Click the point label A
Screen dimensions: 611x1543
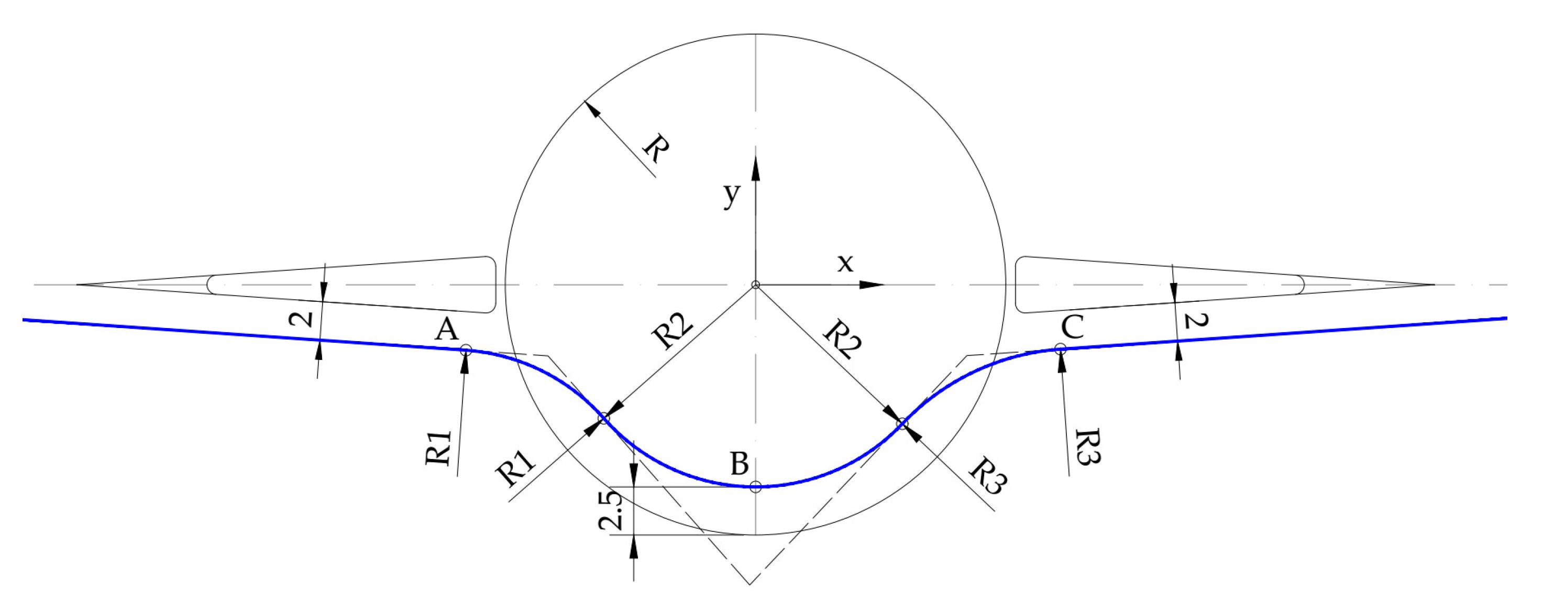(447, 330)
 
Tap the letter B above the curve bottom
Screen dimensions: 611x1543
(740, 464)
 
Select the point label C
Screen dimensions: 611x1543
(1072, 328)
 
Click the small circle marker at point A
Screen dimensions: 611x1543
(466, 351)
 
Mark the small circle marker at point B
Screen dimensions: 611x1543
(756, 486)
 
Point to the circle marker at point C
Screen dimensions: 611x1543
(1060, 348)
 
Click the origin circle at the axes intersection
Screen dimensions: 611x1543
(756, 285)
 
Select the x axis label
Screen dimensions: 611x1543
(845, 263)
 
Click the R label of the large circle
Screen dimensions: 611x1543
(656, 148)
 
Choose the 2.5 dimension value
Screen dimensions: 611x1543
(611, 510)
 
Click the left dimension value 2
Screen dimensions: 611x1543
(301, 318)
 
